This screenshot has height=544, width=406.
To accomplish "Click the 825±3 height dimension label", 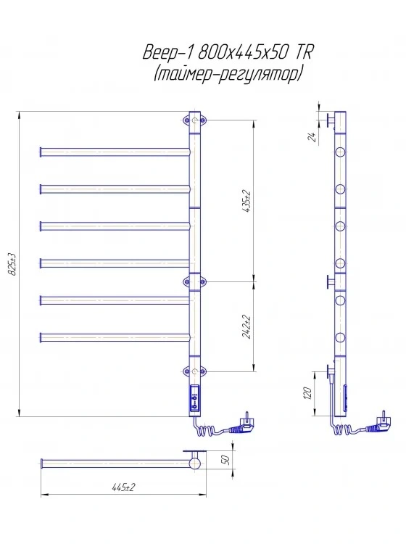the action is point(13,264).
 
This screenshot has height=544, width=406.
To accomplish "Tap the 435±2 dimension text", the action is point(247,201).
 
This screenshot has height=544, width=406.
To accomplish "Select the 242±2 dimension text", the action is point(247,327).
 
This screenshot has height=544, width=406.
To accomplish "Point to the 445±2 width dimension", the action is point(123,487).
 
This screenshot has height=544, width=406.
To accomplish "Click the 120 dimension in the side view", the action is point(308,393).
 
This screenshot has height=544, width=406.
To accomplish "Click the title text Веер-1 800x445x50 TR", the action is point(228,53).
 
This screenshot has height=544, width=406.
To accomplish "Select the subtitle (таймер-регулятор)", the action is point(228,73).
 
